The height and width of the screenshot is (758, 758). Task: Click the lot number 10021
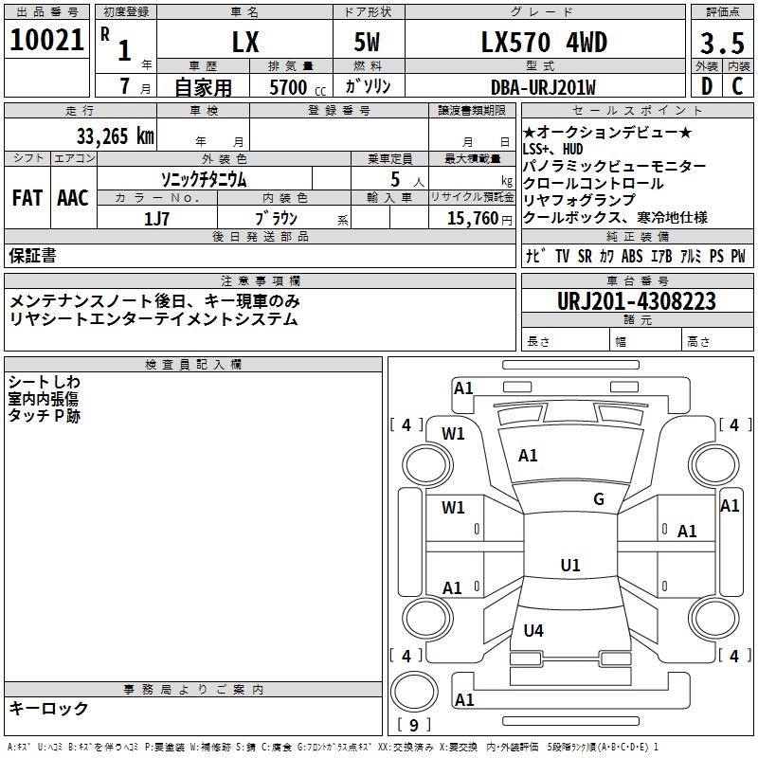(46, 40)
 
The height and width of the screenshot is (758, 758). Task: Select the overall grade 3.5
(722, 44)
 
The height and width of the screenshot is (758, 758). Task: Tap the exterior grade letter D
(707, 86)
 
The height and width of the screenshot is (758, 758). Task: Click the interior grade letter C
(737, 86)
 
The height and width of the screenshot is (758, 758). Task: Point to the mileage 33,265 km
(115, 136)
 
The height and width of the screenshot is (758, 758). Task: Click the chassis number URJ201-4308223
(636, 301)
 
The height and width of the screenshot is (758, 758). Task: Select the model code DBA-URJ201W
(543, 87)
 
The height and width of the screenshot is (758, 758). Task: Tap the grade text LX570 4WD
(544, 43)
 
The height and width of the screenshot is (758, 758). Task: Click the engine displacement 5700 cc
(298, 87)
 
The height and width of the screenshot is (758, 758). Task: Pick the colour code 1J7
(156, 219)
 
